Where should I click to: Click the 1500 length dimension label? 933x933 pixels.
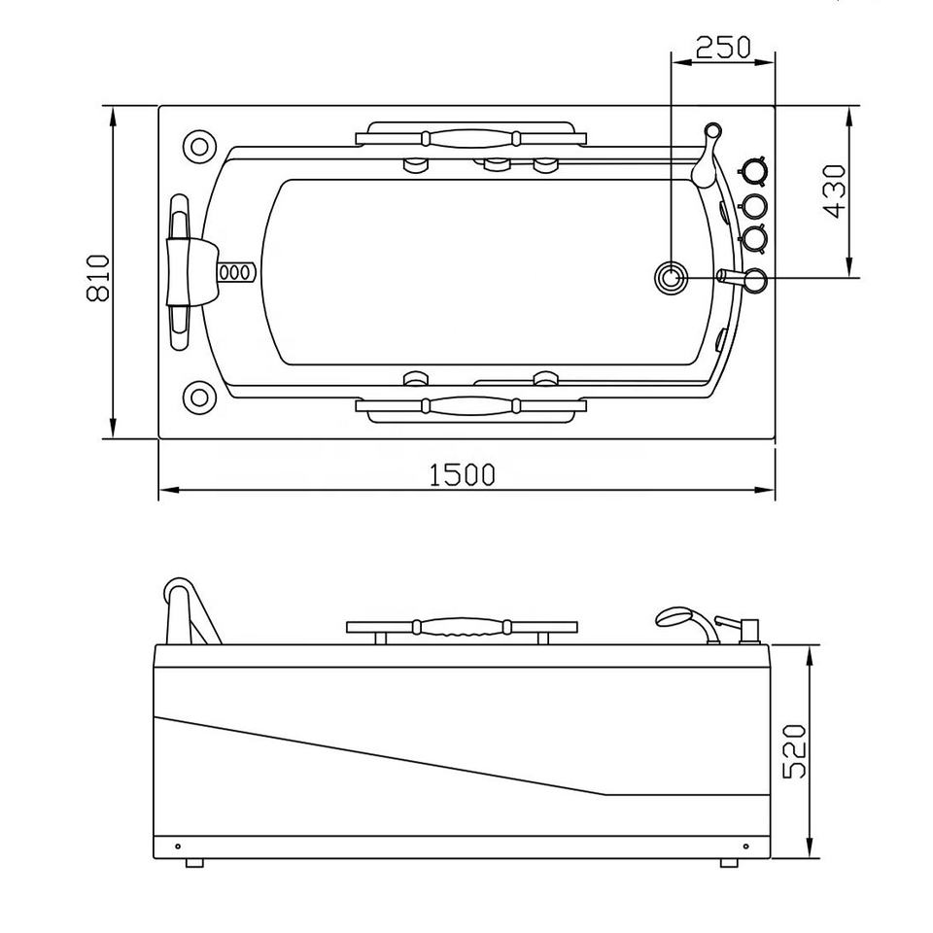click(x=462, y=474)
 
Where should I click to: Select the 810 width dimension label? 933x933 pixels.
click(x=99, y=278)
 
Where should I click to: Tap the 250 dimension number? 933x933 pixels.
click(x=723, y=47)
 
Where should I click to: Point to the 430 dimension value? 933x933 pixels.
click(x=833, y=191)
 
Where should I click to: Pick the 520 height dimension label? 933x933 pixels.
click(x=794, y=751)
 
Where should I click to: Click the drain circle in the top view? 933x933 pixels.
click(x=672, y=278)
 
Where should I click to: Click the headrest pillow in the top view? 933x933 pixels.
click(x=187, y=271)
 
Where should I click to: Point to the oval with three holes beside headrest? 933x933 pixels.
click(x=236, y=272)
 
